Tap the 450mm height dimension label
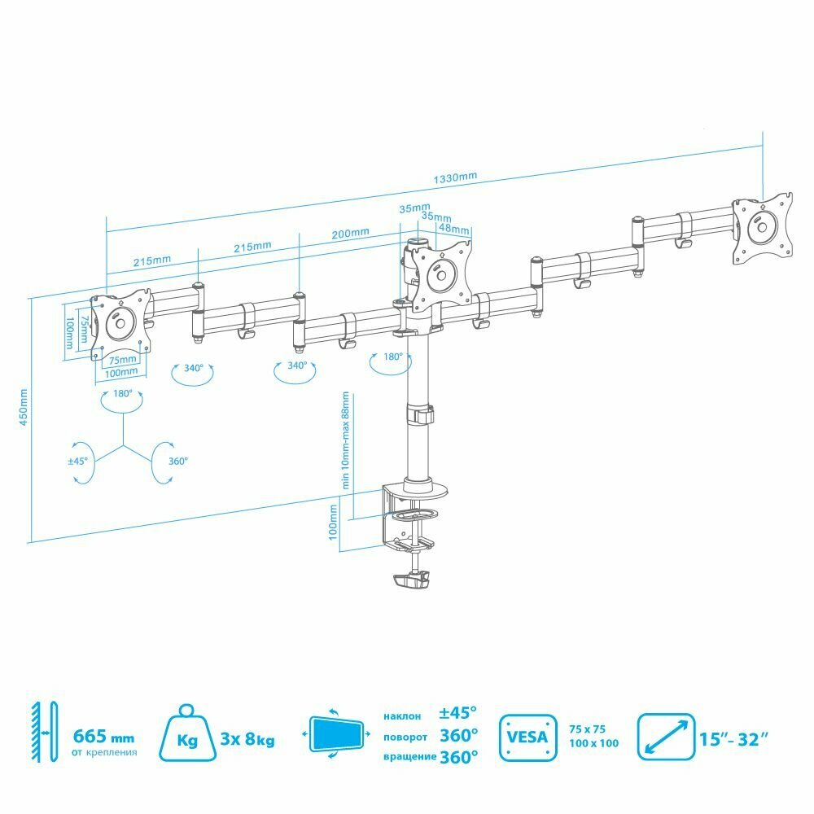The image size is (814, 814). (x=24, y=407)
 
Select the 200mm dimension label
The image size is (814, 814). (x=350, y=233)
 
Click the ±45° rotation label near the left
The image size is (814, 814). (x=78, y=461)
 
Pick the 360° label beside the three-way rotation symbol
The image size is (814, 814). (x=177, y=461)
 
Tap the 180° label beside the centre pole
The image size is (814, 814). (x=393, y=357)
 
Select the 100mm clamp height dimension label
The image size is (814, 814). (x=333, y=525)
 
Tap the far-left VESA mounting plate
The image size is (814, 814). (x=120, y=324)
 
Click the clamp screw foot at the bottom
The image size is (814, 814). (x=410, y=580)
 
